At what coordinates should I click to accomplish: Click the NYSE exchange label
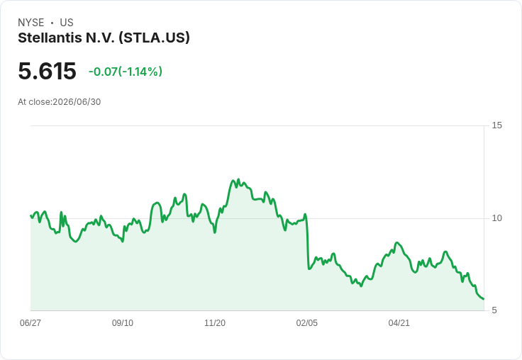31,23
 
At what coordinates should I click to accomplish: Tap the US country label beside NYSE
67,23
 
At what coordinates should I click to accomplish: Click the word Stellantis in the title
50,38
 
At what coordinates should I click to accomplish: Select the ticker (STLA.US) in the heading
154,38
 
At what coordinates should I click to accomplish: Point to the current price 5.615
47,71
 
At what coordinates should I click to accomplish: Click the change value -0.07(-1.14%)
125,72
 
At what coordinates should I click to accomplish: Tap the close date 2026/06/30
77,102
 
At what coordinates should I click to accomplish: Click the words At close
34,102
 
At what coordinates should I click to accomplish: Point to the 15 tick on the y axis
496,125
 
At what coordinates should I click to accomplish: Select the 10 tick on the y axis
496,218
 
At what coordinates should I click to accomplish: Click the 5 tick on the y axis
494,310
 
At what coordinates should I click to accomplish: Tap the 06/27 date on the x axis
30,323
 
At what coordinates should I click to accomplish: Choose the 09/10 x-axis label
123,323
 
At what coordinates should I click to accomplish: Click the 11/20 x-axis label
215,323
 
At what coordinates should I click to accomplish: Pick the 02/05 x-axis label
307,323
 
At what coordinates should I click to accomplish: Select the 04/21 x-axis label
399,323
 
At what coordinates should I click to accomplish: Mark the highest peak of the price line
238,179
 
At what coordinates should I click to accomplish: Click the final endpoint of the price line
484,299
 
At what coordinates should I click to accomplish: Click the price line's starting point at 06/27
31,215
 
